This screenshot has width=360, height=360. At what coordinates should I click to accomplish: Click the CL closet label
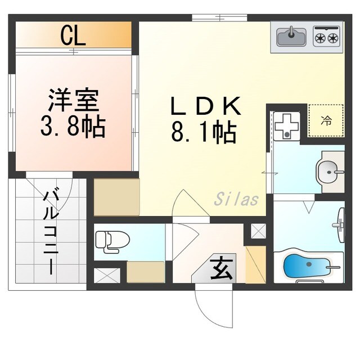click(x=73, y=37)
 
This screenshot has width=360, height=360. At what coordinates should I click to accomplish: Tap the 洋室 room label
click(x=73, y=101)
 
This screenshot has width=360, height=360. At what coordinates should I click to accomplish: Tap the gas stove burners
click(x=326, y=37)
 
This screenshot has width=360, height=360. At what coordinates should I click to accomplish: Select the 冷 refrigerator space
click(x=326, y=120)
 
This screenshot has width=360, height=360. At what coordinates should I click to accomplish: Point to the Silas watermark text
click(x=236, y=199)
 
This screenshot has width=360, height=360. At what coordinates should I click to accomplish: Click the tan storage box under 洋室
click(x=116, y=196)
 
